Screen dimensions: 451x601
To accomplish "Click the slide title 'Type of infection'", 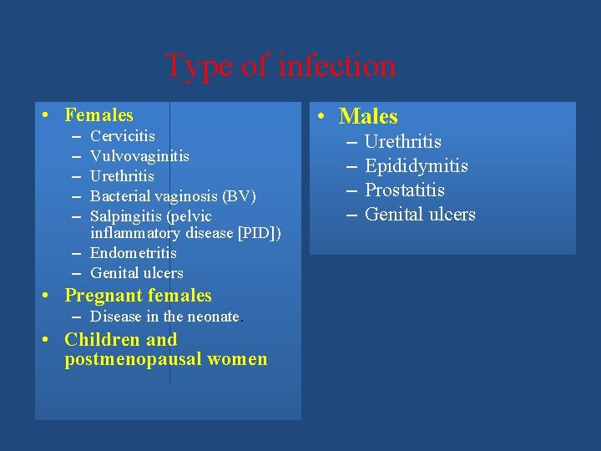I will coord(280,65).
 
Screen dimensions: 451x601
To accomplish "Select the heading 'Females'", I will coord(98,114).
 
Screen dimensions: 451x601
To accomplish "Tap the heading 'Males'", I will coord(368,117).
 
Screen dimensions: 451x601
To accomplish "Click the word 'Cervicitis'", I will coord(122,135).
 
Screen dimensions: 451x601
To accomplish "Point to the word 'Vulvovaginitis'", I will coord(139,155).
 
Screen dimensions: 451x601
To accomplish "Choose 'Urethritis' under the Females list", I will coord(122,175).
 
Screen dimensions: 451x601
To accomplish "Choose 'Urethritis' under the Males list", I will coord(402,142).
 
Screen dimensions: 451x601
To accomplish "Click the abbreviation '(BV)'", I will coord(240,196).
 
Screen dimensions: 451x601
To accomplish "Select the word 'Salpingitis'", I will coord(127,216).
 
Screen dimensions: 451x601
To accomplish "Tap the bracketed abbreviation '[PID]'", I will coord(260,231).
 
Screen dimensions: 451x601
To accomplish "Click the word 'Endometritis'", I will coord(134,252).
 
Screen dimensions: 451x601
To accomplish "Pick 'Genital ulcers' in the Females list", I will coord(136,272).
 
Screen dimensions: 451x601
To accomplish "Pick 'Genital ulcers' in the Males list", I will coord(420,215).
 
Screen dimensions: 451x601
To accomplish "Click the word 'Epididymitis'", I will coord(416,166).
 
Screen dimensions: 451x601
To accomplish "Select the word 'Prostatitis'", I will coord(404,190).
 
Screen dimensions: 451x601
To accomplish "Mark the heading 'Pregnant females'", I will coord(138,296).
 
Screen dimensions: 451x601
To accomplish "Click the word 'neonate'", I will coord(213,317).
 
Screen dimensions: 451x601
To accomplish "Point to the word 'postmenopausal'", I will coord(124,360).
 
